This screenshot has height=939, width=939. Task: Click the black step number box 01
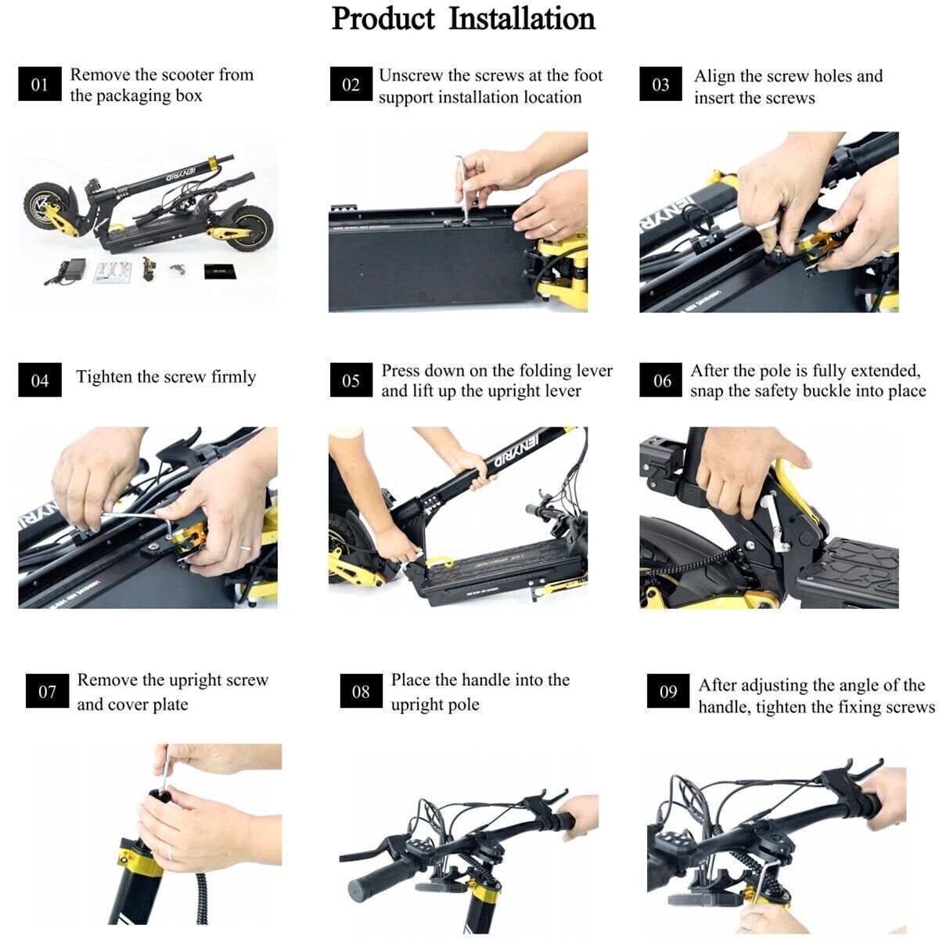pyautogui.click(x=40, y=84)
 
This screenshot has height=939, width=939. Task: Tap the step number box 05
pyautogui.click(x=351, y=380)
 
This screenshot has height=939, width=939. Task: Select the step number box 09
pyautogui.click(x=668, y=690)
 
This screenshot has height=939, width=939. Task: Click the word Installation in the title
pyautogui.click(x=521, y=20)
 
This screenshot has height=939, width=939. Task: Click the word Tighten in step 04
pyautogui.click(x=104, y=376)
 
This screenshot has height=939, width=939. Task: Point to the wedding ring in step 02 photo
pyautogui.click(x=552, y=226)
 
